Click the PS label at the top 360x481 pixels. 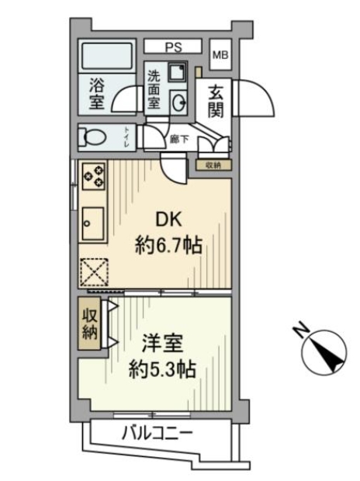tap(172, 47)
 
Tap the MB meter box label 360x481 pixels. tap(221, 54)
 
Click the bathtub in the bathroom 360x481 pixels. tap(108, 57)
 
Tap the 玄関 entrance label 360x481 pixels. tap(216, 101)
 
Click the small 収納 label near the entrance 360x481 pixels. tap(213, 164)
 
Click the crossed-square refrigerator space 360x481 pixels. tap(94, 272)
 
